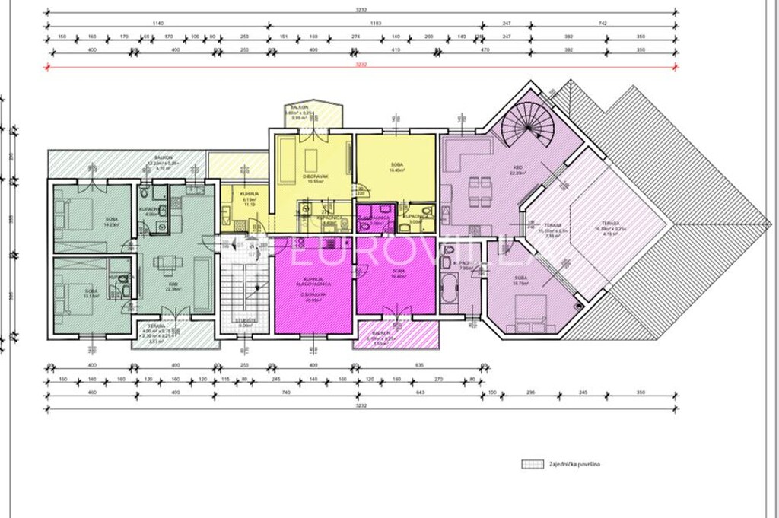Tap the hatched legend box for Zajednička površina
[x=530, y=463]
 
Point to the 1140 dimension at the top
[x=157, y=24]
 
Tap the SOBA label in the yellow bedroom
[x=396, y=164]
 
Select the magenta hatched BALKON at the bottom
[x=396, y=335]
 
